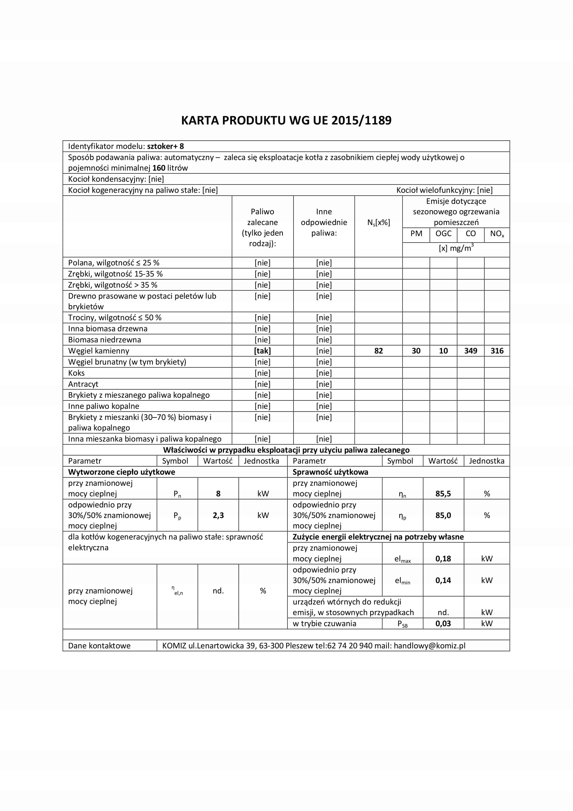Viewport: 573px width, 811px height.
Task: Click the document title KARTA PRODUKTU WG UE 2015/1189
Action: pos(286,121)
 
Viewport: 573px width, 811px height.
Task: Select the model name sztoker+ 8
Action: pos(165,146)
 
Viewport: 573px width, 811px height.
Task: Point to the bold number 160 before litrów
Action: pos(159,168)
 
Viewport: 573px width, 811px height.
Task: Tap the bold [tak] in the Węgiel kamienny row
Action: pos(262,351)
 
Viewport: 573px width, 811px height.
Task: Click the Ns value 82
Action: pos(379,351)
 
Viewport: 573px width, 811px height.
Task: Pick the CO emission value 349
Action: pos(471,351)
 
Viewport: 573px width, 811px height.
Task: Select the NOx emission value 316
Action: pos(497,351)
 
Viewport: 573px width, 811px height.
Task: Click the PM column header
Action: pos(416,234)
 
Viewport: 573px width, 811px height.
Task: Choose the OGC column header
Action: pos(443,234)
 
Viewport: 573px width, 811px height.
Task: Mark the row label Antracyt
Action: pos(83,384)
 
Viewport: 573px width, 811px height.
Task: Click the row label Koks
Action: pos(77,373)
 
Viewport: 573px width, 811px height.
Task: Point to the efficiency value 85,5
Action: pos(443,494)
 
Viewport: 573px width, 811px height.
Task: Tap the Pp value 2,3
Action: pos(218,515)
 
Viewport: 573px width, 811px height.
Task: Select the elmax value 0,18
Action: pos(443,559)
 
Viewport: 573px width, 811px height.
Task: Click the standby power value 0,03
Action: pos(443,623)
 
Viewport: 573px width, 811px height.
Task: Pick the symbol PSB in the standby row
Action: pos(402,624)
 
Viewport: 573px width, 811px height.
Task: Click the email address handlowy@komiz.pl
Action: pos(429,646)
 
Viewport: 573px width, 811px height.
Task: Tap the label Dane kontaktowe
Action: pos(99,646)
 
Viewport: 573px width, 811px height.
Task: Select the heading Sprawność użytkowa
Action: pos(330,472)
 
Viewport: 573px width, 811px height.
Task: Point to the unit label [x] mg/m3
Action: pos(456,248)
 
